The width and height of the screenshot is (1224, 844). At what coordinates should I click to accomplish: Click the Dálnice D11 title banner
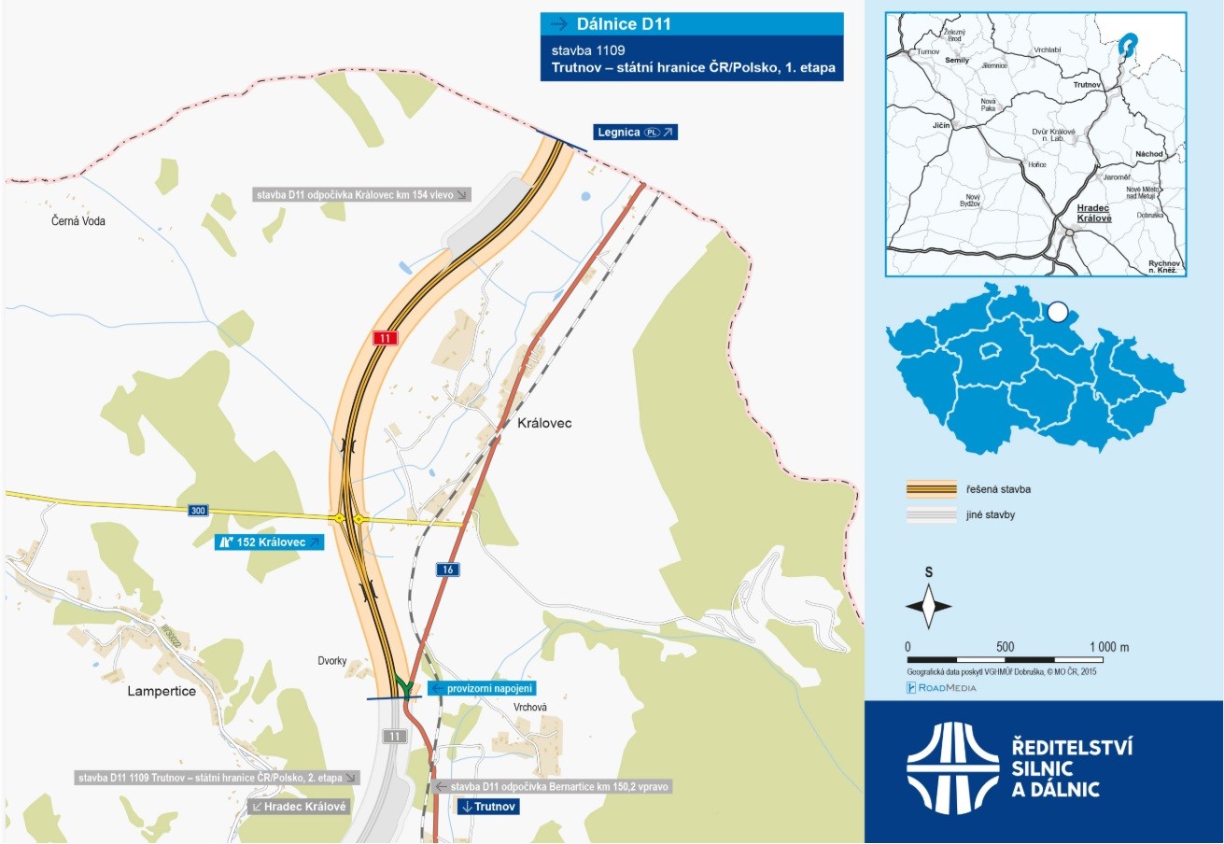pos(692,24)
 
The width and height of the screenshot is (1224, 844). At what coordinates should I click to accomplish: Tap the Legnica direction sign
pos(635,133)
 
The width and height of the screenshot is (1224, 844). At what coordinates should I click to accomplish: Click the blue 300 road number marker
pos(198,511)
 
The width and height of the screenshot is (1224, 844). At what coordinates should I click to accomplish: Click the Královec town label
pos(544,423)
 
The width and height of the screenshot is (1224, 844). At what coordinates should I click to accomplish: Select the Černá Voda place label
pos(78,221)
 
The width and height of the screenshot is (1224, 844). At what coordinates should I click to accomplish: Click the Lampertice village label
pos(162,692)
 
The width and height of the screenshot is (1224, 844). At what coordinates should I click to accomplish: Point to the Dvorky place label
pos(331,661)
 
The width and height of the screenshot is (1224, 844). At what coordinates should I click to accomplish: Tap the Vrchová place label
pos(529,707)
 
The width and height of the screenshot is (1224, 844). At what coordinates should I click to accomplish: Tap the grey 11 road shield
pos(395,737)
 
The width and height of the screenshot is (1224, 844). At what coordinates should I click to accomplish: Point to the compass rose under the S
pos(929,606)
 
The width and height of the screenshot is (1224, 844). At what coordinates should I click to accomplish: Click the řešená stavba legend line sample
pos(932,489)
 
